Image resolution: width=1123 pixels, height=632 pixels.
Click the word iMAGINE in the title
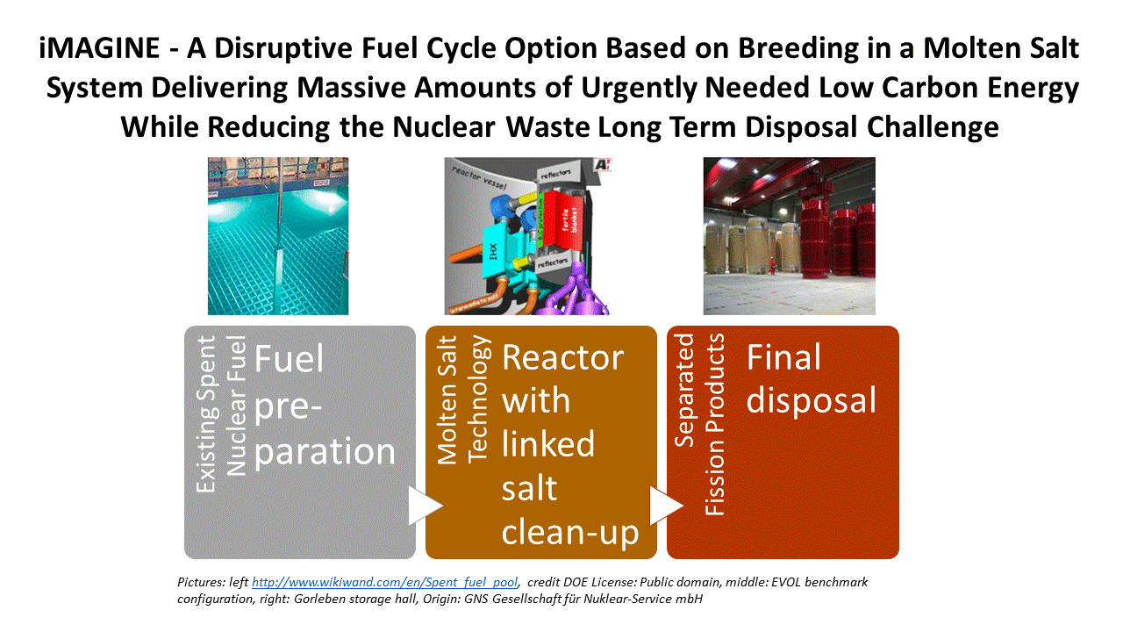tap(99, 48)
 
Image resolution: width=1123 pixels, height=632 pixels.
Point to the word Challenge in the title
tap(933, 127)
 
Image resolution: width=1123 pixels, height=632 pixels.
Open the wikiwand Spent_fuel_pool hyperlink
tap(384, 582)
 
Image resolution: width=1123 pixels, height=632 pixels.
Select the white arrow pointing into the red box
tap(666, 505)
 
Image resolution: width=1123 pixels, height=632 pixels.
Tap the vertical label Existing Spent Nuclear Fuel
tap(221, 413)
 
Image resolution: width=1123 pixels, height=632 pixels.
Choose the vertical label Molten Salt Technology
tap(462, 399)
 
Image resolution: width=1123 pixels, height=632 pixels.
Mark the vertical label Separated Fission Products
tap(700, 424)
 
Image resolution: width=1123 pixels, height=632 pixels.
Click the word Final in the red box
tap(783, 357)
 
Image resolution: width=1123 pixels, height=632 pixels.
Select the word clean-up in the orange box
tap(570, 532)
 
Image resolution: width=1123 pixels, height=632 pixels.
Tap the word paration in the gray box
tap(325, 451)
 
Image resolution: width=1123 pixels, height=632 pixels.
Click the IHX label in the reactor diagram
tap(493, 251)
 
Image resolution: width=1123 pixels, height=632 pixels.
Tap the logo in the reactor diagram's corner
tap(602, 164)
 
